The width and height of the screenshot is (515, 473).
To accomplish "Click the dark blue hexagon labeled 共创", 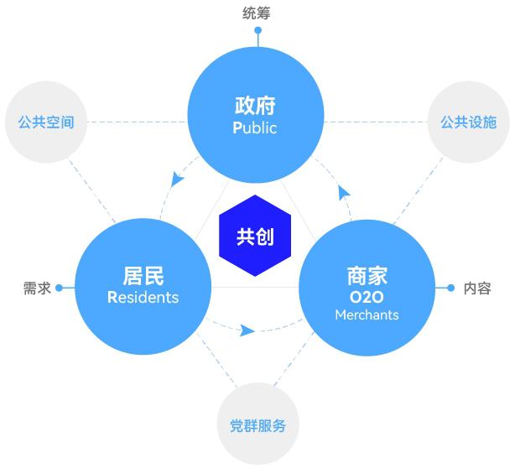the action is [255, 236].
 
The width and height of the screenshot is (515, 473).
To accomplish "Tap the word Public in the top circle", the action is [254, 127].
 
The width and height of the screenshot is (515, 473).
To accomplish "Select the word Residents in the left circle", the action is [143, 297].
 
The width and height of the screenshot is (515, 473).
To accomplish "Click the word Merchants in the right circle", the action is [367, 315].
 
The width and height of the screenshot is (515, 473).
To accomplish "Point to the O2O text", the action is [367, 297].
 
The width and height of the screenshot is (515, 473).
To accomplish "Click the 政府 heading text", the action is [255, 106].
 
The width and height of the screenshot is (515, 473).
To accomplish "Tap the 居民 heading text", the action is [143, 276].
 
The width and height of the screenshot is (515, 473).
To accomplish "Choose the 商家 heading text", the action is [367, 276].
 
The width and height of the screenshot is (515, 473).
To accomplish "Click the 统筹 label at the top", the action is [257, 13].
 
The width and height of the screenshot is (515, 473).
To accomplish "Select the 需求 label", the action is [37, 288].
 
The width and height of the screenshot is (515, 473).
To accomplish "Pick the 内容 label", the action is [477, 288].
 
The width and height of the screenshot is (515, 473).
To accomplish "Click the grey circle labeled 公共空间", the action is [46, 122].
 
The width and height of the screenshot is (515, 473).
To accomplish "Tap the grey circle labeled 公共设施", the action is [469, 122].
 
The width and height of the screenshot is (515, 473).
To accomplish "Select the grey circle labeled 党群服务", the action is [257, 424].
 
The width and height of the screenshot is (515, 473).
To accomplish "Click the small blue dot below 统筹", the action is [258, 30].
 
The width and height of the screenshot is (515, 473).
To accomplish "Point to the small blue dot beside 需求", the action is [59, 288].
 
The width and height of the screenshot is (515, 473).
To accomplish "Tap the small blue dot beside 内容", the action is [451, 288].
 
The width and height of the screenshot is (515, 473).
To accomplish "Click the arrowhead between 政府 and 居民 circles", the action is [177, 179].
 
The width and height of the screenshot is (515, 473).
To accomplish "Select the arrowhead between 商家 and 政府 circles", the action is [344, 193].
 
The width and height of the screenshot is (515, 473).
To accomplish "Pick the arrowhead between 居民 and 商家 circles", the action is [247, 330].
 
